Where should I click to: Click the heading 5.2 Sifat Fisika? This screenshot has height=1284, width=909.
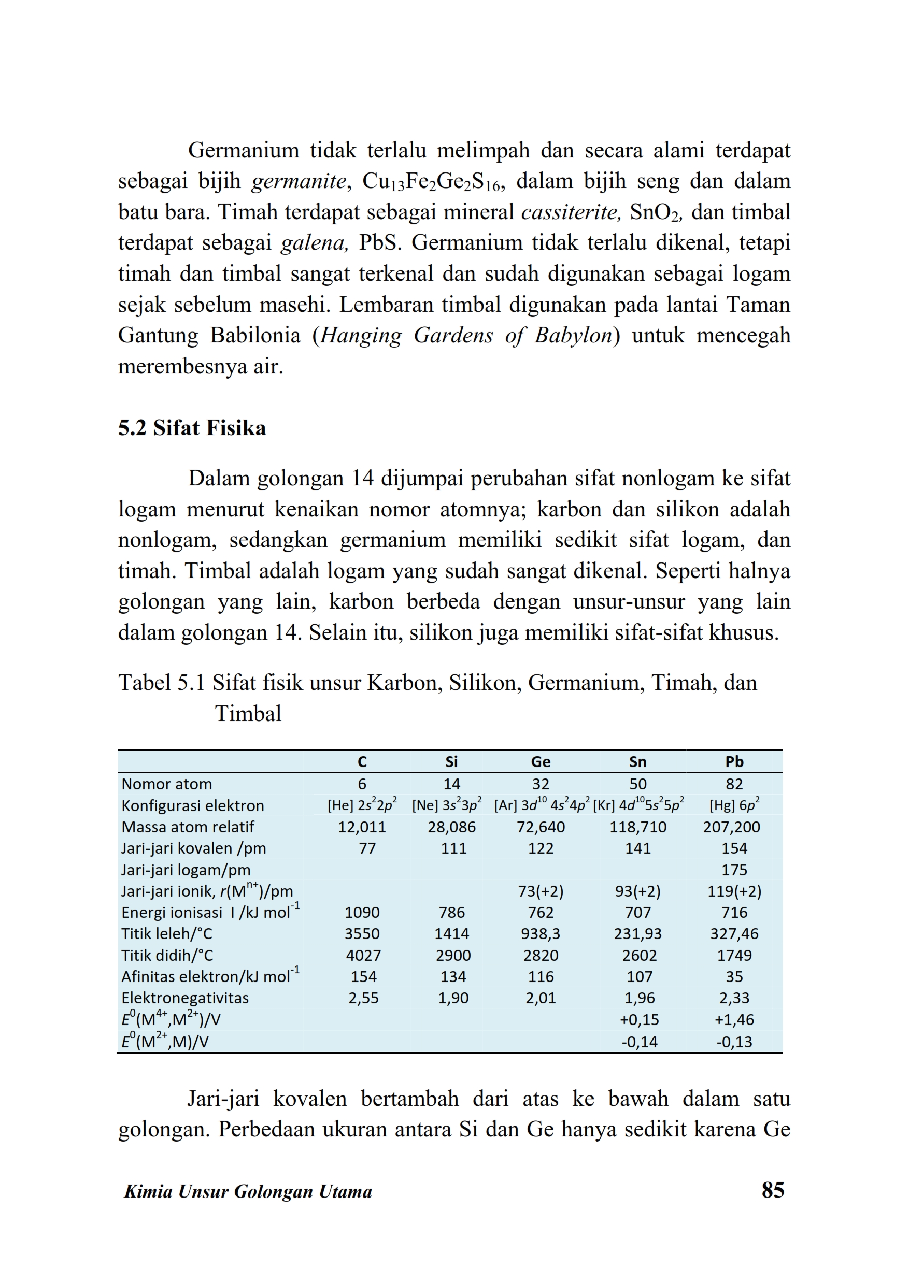(191, 428)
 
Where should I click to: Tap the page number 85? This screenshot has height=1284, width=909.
(772, 1189)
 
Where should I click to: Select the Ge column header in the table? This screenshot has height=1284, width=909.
(540, 761)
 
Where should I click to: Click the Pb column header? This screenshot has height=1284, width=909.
(734, 761)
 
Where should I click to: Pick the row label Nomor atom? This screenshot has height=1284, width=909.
(166, 784)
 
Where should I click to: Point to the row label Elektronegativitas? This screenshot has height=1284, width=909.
(184, 998)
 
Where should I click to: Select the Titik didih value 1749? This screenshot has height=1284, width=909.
(734, 955)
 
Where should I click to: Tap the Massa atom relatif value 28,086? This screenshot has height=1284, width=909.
(451, 827)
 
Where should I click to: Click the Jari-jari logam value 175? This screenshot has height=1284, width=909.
(734, 870)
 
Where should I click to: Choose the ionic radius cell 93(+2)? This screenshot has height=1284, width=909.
(637, 891)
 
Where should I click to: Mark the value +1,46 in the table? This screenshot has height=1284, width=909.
(734, 1019)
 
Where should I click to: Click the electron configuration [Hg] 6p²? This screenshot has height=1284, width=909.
(734, 805)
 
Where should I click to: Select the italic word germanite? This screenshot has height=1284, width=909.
(299, 181)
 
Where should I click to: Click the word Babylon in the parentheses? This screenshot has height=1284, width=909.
(573, 335)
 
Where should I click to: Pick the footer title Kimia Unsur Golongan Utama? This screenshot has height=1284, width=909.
(248, 1191)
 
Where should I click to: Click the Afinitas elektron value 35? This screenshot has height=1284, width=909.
(734, 976)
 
